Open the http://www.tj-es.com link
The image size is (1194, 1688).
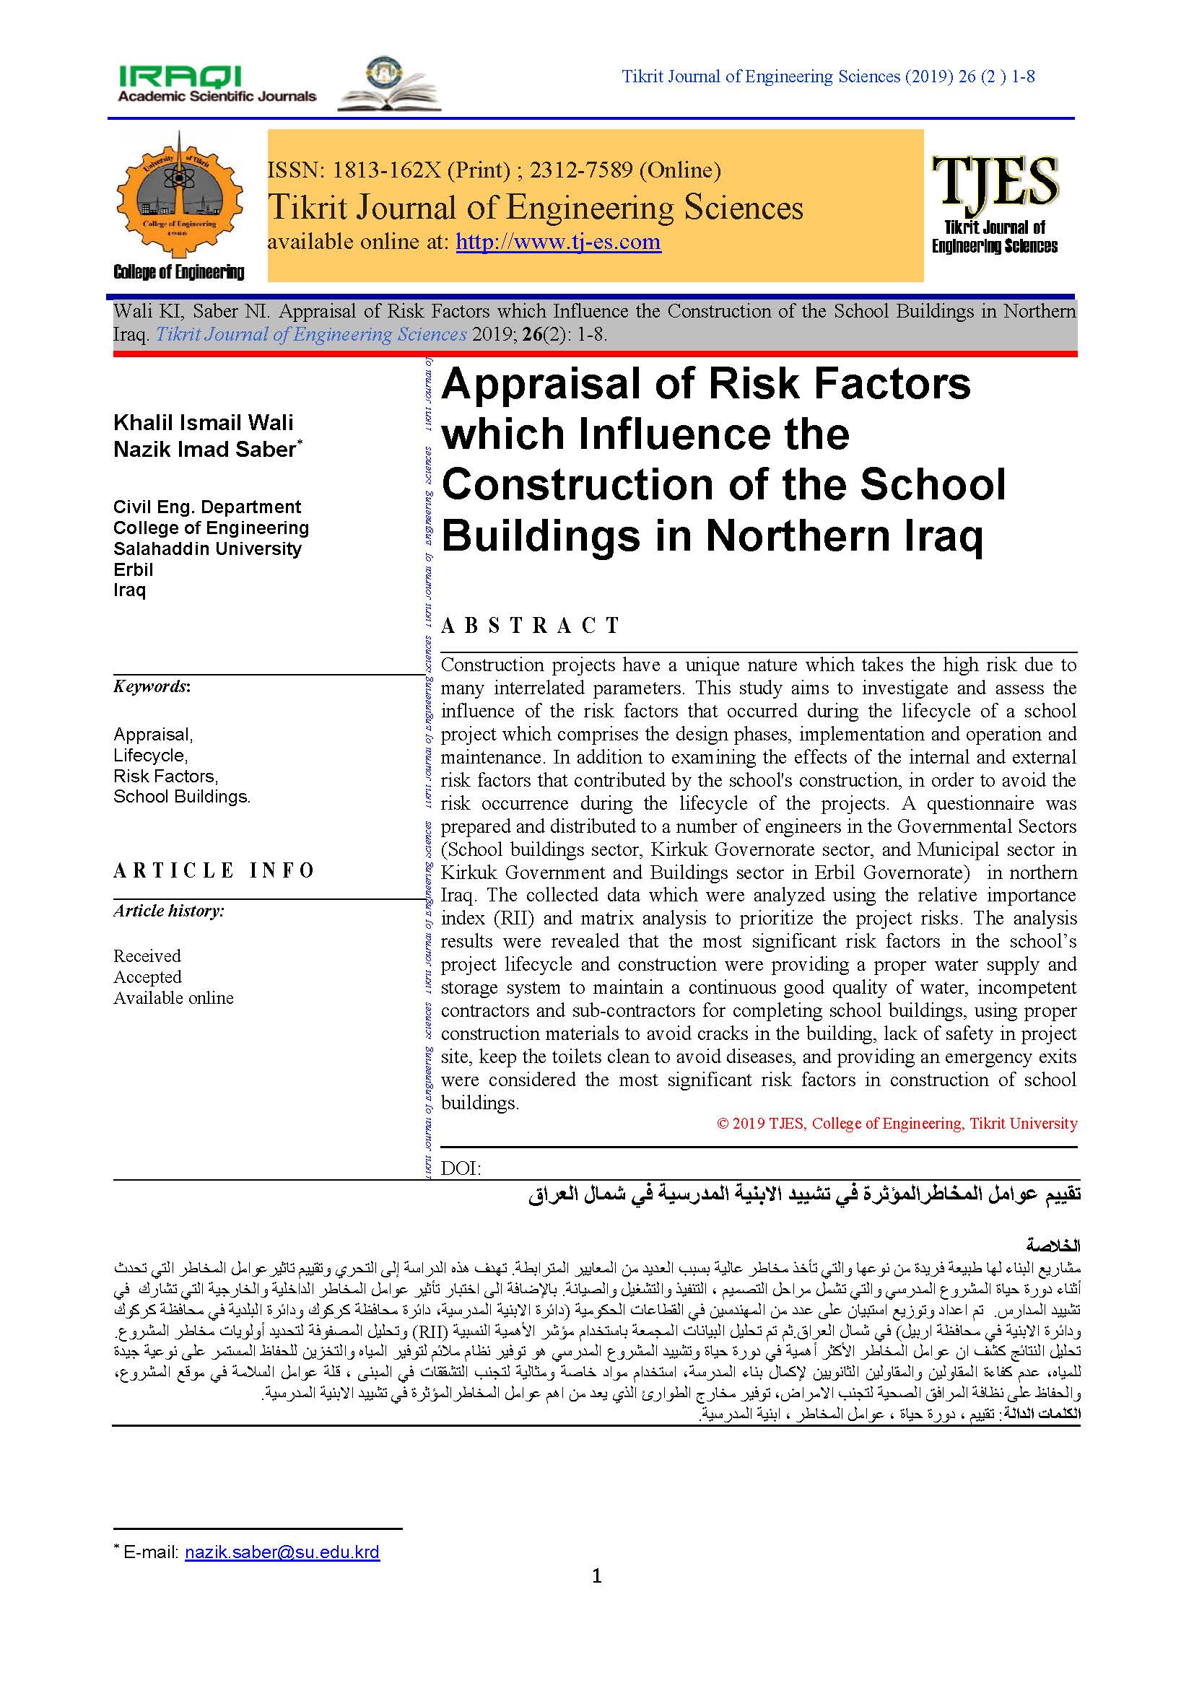[558, 242]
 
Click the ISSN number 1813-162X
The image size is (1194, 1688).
[387, 170]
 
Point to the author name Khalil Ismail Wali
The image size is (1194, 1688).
[203, 423]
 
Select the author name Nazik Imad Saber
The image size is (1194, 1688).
[204, 449]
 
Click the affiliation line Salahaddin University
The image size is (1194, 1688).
[207, 549]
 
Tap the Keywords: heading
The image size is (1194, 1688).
[152, 686]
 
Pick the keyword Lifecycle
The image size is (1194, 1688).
[150, 755]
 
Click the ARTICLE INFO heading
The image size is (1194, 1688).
[214, 870]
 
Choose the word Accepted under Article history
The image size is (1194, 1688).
[147, 977]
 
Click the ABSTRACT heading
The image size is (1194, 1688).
[530, 626]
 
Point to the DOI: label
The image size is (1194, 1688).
[461, 1168]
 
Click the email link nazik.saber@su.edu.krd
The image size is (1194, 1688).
[282, 1552]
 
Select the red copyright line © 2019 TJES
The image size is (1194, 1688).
[897, 1124]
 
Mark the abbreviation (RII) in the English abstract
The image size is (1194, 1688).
[513, 918]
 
